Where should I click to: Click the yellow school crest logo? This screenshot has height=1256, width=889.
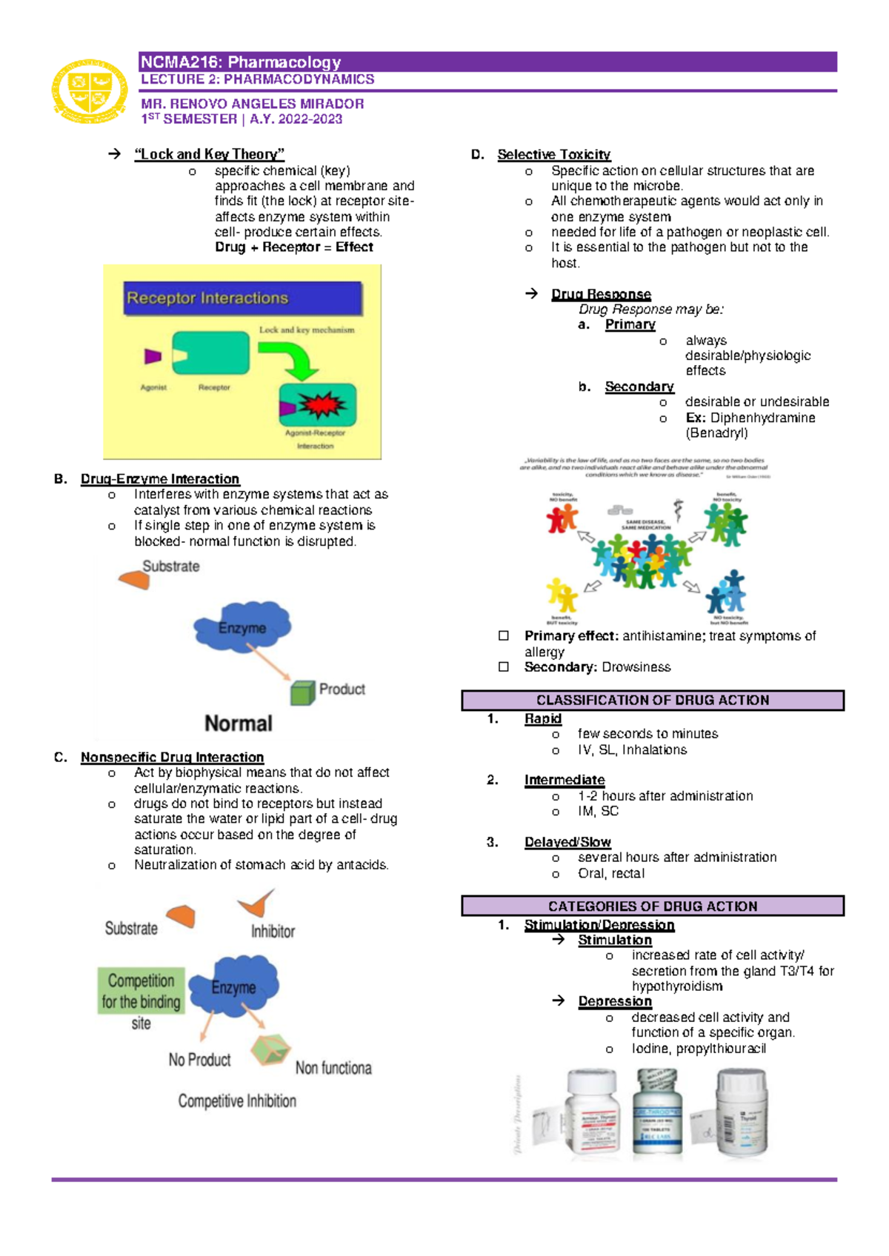[90, 91]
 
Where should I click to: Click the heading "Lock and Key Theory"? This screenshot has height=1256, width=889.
[209, 154]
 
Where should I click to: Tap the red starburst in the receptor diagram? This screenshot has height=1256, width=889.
[321, 405]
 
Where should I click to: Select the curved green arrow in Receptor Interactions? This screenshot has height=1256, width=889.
[293, 358]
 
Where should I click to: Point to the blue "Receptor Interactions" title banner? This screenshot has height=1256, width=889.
[242, 298]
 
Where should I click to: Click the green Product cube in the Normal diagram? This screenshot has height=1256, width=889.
[302, 692]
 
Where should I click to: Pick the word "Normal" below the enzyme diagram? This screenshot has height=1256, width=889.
[239, 723]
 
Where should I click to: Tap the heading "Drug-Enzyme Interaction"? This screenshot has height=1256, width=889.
[160, 479]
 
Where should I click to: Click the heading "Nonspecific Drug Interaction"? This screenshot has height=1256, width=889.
[172, 757]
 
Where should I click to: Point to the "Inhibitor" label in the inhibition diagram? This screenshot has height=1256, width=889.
[273, 931]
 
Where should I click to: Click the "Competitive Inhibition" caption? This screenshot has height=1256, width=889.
[237, 1101]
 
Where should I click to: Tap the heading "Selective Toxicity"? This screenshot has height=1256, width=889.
[553, 154]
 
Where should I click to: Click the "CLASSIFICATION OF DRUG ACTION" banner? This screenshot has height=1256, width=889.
[653, 700]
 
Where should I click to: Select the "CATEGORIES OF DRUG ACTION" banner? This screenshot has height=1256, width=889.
[653, 906]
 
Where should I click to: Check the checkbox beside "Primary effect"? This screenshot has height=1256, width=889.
[504, 635]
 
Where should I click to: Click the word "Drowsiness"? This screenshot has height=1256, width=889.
[636, 667]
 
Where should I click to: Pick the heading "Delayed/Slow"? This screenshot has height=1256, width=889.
[567, 842]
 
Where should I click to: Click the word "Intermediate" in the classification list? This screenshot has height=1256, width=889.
[565, 780]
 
